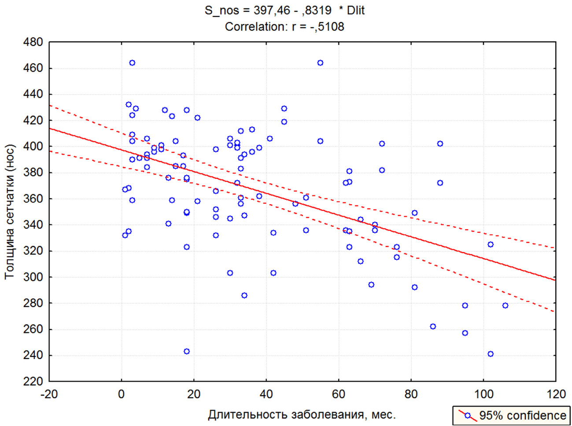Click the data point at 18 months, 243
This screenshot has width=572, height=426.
[187, 352]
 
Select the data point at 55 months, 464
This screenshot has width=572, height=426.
[320, 63]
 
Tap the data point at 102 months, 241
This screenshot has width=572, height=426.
[491, 354]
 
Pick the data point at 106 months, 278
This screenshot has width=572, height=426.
[505, 305]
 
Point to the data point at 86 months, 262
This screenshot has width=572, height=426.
[433, 327]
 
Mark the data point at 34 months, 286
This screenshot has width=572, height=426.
[244, 295]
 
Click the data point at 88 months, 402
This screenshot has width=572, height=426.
[440, 144]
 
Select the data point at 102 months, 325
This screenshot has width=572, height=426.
[491, 244]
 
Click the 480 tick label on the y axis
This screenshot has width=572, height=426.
[33, 43]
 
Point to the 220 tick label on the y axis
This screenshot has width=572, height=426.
[33, 381]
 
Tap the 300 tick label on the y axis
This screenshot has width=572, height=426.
[33, 277]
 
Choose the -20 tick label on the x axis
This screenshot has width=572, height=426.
[49, 394]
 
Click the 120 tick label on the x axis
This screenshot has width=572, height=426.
[555, 394]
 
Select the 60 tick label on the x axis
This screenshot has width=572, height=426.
[339, 394]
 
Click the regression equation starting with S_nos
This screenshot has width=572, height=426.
[284, 10]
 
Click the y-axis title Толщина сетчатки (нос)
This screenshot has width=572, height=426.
[10, 212]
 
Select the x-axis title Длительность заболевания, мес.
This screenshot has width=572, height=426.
[302, 415]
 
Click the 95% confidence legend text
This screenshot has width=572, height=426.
[522, 415]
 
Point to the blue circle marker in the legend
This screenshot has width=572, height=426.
[468, 415]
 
